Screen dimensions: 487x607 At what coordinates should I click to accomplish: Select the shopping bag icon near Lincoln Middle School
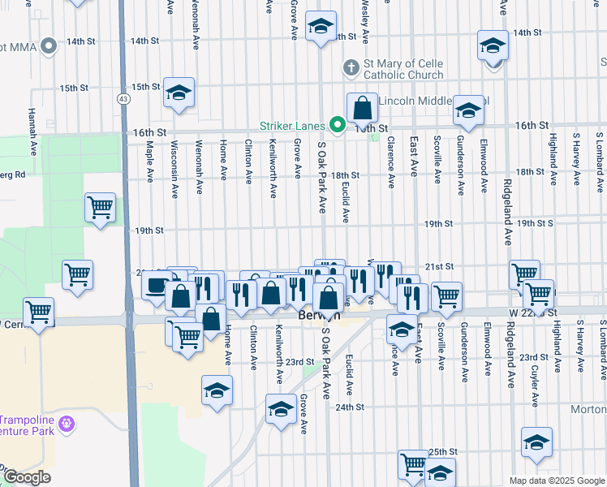click(362, 108)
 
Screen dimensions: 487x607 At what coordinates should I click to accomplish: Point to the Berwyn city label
click(313, 315)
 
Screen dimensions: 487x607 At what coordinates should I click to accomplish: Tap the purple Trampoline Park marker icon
click(67, 423)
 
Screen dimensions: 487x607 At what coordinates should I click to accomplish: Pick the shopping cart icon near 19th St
click(100, 208)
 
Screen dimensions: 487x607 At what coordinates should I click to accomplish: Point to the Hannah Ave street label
click(32, 129)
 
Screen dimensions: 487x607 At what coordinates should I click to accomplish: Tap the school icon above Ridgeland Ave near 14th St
click(492, 45)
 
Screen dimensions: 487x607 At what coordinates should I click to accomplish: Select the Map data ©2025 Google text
click(556, 481)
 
